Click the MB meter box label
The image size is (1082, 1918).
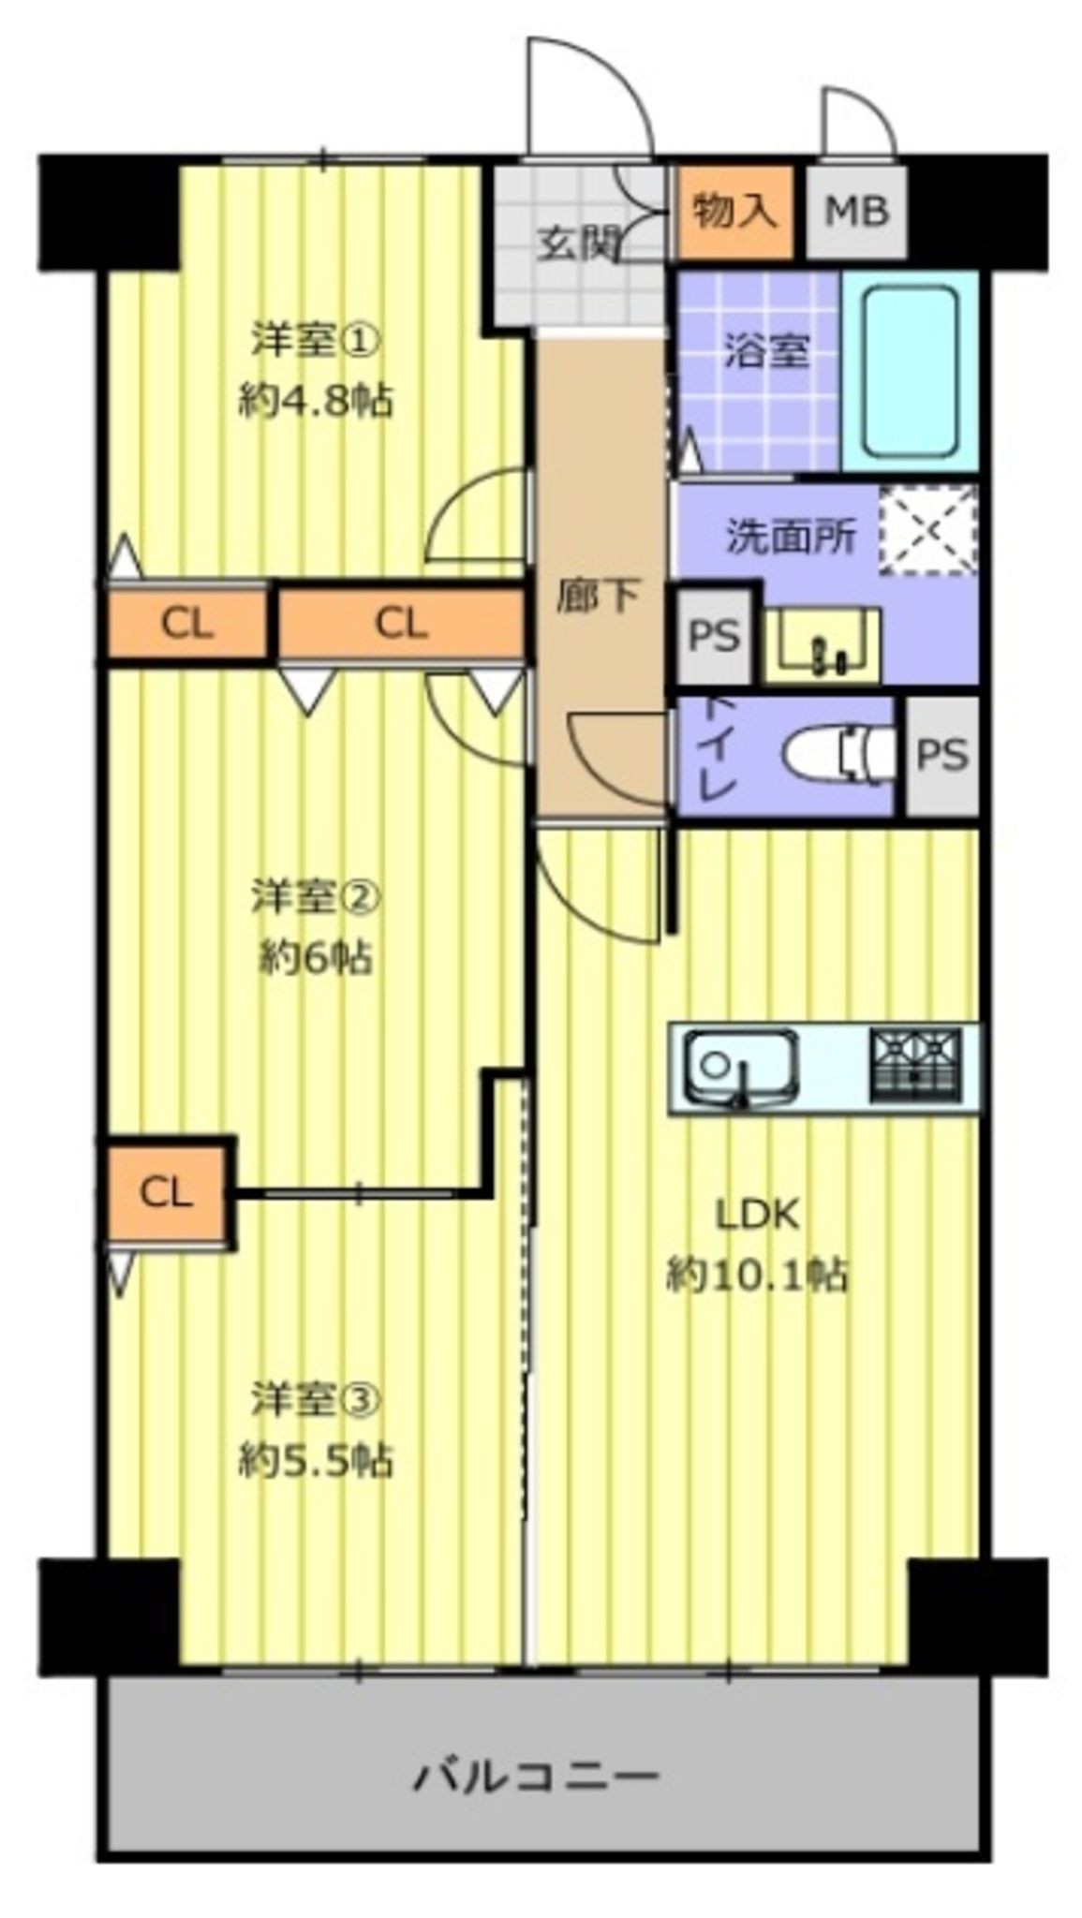click(x=855, y=213)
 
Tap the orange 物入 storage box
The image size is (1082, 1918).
click(x=734, y=212)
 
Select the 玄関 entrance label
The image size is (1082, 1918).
click(x=578, y=244)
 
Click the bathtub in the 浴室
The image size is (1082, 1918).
click(x=909, y=371)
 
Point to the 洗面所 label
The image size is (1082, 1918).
click(x=791, y=538)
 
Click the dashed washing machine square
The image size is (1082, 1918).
click(x=926, y=530)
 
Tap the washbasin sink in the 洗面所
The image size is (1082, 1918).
click(x=822, y=644)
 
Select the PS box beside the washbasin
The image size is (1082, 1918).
click(x=714, y=636)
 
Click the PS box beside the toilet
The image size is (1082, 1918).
click(x=941, y=754)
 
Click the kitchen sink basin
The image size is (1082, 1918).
click(x=740, y=1068)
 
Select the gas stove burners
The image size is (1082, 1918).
click(x=915, y=1066)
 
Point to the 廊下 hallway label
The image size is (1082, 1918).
click(x=598, y=597)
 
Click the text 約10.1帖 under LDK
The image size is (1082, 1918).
click(x=757, y=1275)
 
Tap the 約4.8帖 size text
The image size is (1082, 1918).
click(x=316, y=402)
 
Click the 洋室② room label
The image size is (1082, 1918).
click(x=316, y=897)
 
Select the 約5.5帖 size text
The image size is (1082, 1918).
click(x=316, y=1460)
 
